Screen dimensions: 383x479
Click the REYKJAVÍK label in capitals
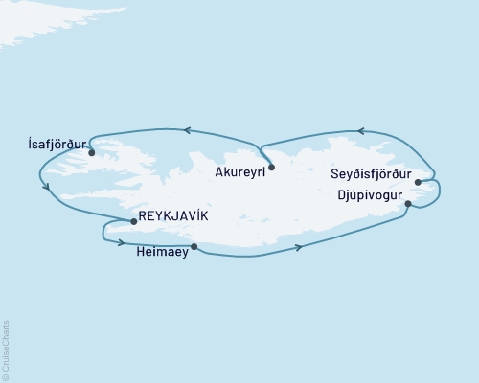(x=171, y=216)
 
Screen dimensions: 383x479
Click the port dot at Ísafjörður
(x=91, y=152)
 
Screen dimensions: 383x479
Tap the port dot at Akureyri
(x=272, y=168)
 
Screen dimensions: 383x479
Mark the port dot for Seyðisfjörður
(x=418, y=177)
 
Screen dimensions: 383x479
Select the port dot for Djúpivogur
(x=409, y=204)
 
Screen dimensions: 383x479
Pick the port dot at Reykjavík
(x=133, y=221)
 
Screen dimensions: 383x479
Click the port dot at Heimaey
(x=194, y=247)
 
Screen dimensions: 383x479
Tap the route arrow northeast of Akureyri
(x=359, y=130)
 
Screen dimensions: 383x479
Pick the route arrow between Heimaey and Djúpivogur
(x=300, y=248)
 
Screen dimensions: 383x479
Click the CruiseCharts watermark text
(x=6, y=345)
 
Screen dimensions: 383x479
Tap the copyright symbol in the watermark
(x=6, y=375)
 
